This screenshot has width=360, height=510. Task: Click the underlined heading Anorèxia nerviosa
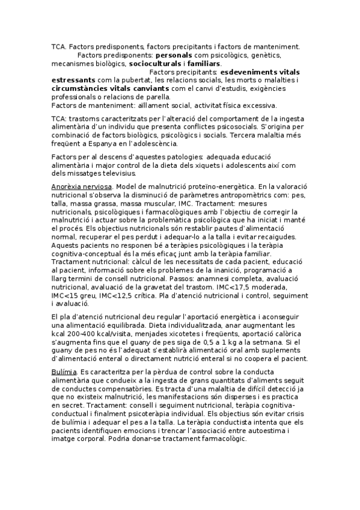click(81, 188)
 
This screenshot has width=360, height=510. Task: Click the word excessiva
click(255, 105)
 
